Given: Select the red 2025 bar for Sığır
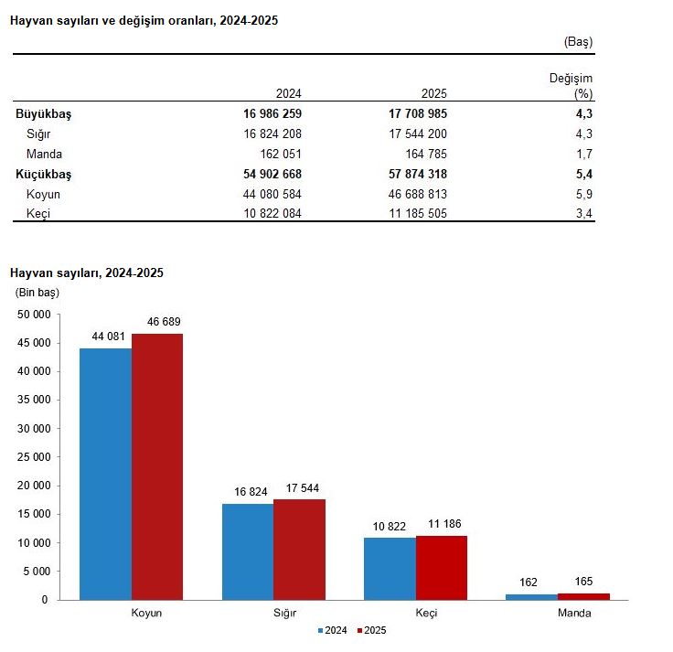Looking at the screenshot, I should [299, 549].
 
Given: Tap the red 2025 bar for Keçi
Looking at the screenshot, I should [442, 567].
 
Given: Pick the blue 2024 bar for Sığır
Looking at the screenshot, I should [248, 551].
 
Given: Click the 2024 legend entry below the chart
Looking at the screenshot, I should [333, 630].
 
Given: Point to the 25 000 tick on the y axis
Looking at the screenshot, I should [34, 456].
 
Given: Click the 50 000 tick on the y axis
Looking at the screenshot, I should [34, 314].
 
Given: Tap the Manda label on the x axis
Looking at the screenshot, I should [574, 613].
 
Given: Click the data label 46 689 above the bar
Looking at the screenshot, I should [157, 324].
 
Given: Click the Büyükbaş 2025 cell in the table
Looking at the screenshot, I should [417, 114].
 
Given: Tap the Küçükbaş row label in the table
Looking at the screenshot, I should [43, 174].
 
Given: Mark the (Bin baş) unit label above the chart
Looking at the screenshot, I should [37, 293].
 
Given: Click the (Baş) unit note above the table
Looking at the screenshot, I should [578, 42].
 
